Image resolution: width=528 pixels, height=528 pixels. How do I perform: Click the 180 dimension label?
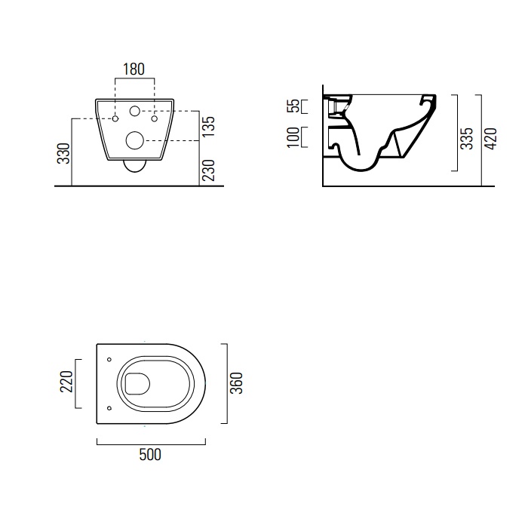tap(134, 69)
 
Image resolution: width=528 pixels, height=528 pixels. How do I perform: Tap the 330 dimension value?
tap(63, 154)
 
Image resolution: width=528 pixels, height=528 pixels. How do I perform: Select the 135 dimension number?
tap(209, 126)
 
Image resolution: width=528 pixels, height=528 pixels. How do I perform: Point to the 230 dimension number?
tap(209, 170)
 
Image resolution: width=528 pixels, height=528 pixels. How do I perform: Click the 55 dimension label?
tap(293, 106)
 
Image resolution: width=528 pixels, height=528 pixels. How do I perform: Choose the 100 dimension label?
tap(293, 137)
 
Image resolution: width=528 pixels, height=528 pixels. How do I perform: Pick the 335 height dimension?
tap(467, 138)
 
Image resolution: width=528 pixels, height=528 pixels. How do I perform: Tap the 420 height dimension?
tap(490, 139)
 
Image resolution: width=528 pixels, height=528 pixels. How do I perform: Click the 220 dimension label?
tap(66, 382)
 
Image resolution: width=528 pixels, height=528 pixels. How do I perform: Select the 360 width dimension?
tap(236, 383)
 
